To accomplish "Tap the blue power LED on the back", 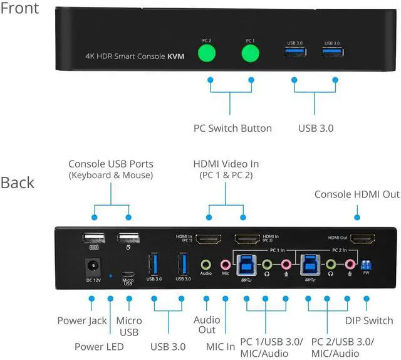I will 111,275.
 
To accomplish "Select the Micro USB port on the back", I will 128,274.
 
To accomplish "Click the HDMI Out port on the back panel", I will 362,239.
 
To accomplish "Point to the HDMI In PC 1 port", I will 208,239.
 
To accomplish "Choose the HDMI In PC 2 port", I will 247,239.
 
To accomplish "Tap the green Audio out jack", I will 206,264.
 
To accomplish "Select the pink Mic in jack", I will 224,264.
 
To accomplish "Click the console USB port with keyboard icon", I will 92,238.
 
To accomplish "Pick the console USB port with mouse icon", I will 128,238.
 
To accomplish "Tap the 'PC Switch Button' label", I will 232,128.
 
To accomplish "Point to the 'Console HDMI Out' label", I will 357,194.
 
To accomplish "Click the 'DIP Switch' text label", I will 370,320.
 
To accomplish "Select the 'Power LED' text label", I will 99,346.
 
